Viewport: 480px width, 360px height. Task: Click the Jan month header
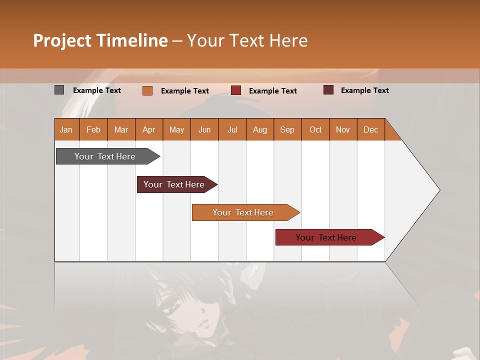click(66, 129)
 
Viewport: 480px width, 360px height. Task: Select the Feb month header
click(93, 129)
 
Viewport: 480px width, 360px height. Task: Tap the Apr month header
click(149, 129)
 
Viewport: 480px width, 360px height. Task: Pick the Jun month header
click(204, 129)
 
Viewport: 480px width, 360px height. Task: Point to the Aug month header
click(260, 129)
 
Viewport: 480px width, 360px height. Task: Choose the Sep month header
click(287, 129)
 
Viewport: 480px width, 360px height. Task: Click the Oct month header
click(315, 129)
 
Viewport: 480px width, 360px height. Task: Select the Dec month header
click(371, 129)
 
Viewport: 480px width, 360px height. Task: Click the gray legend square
click(59, 90)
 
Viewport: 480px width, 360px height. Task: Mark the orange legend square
click(147, 90)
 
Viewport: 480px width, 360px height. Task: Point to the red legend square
click(236, 90)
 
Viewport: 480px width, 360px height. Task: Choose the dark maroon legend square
click(328, 90)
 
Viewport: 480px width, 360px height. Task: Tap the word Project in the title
click(62, 40)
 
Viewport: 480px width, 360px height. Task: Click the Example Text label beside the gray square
click(97, 90)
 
